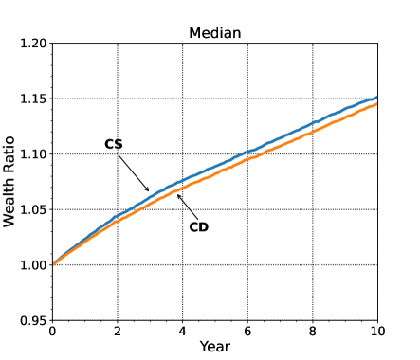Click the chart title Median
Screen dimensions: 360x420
point(215,33)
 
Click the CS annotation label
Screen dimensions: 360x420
point(114,144)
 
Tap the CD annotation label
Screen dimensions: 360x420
point(198,226)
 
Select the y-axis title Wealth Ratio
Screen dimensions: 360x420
point(10,182)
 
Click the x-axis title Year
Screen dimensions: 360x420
point(215,347)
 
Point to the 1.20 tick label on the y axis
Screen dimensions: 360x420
point(32,44)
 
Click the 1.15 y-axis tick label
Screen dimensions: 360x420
point(32,99)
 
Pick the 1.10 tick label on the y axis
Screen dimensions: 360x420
point(32,154)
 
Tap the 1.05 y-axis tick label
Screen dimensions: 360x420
point(32,209)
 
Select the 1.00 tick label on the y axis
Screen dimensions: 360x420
point(32,265)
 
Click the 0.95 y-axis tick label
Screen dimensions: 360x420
point(32,320)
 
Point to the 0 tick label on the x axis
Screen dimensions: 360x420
point(52,332)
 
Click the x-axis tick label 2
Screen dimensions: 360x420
point(118,332)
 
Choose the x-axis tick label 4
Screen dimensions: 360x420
point(183,332)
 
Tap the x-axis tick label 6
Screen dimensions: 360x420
point(247,332)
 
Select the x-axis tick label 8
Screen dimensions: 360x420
point(313,332)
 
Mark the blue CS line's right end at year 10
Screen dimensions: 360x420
point(377,98)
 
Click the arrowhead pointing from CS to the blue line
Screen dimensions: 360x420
point(149,190)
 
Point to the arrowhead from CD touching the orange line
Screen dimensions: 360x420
point(177,196)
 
